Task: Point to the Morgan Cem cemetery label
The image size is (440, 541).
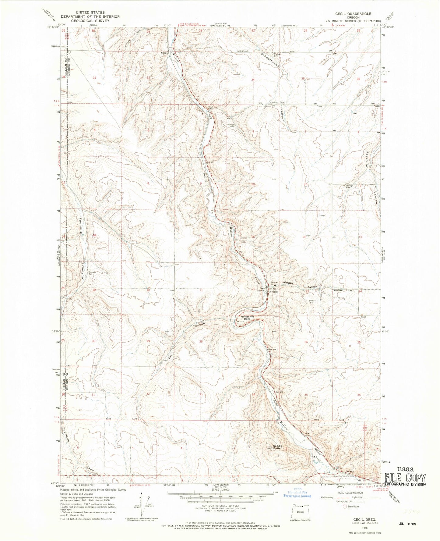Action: [x=312, y=301]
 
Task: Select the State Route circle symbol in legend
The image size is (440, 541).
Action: [x=345, y=507]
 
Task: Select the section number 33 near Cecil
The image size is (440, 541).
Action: [x=200, y=78]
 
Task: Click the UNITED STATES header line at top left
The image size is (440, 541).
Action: [x=90, y=12]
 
